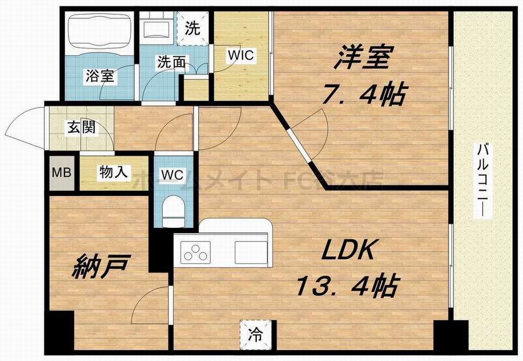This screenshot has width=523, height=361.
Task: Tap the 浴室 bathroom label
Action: click(99, 76)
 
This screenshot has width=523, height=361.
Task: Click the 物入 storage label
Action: click(114, 172)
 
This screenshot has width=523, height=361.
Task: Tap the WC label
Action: click(173, 174)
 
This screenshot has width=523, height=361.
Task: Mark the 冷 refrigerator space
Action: click(256, 335)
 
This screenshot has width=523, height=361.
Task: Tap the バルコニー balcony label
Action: click(482, 179)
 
